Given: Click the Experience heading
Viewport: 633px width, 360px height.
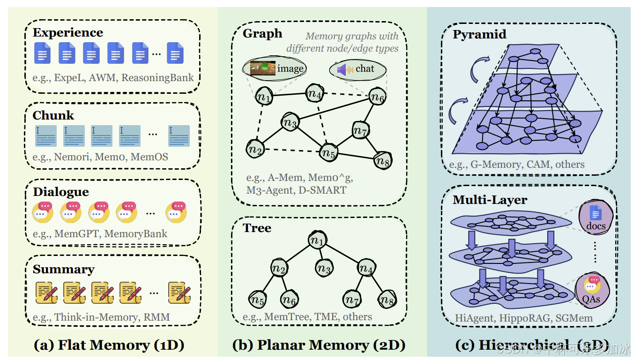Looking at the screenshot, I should click(x=68, y=33).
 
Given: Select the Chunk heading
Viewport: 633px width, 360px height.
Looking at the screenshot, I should click(x=53, y=115).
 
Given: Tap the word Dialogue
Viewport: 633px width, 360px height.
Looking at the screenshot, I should click(x=61, y=192).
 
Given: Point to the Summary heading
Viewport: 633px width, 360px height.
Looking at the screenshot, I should click(x=64, y=270).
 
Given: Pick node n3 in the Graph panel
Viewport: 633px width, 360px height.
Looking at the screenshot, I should click(x=290, y=122).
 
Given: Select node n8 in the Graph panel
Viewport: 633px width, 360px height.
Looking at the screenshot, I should click(x=382, y=161).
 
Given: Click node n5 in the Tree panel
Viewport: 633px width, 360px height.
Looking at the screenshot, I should click(x=256, y=299).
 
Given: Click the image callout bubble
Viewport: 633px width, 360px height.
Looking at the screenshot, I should click(x=274, y=68).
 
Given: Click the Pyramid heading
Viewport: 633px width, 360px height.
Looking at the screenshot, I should click(x=479, y=35).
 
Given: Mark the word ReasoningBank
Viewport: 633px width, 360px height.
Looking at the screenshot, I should click(x=157, y=78).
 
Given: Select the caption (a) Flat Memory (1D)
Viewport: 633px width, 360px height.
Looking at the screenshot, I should click(x=109, y=345).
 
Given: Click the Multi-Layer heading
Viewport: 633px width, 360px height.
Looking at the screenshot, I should click(x=490, y=200).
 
